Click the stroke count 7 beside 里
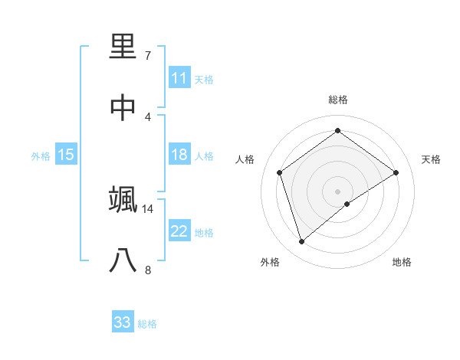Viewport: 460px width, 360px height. pos(148,56)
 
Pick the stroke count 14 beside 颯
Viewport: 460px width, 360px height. pos(148,208)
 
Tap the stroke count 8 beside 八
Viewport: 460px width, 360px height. pos(148,270)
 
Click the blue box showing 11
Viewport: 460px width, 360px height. pos(179,78)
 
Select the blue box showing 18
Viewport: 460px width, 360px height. pos(179,155)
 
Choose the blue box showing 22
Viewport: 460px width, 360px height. pos(179,231)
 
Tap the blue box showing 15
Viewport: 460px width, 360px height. pos(66,155)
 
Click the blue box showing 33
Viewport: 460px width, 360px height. pos(123,322)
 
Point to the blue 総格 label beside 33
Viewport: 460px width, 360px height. pos(147,324)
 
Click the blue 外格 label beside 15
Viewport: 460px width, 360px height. pos(41,156)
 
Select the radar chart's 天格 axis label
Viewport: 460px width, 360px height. pos(432,159)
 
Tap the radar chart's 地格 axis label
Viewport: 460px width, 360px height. pos(402,262)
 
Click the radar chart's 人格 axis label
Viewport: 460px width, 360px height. pos(245,159)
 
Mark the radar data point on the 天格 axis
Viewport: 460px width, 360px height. pos(396,172)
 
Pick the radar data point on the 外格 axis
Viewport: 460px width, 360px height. pos(301,242)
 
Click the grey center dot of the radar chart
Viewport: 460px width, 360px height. pos(337,191)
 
